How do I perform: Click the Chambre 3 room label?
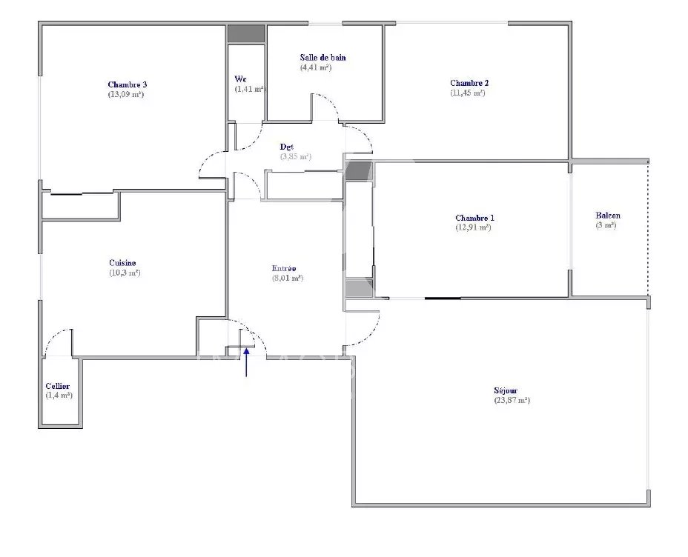(x=128, y=84)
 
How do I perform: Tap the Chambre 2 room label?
(x=469, y=83)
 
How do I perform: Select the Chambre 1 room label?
(x=474, y=218)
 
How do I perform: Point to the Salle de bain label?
(x=323, y=58)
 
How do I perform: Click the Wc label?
(x=240, y=79)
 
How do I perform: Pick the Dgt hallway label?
(x=286, y=147)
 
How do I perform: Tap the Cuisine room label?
(x=122, y=263)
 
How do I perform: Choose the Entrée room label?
(x=284, y=268)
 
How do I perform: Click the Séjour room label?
(x=506, y=390)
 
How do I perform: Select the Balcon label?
(x=608, y=216)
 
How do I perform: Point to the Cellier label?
(x=58, y=386)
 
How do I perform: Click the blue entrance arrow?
(x=246, y=362)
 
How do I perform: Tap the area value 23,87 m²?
(x=512, y=400)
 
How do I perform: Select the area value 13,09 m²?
(x=126, y=94)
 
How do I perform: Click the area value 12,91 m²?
(x=474, y=227)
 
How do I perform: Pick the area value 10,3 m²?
(x=125, y=273)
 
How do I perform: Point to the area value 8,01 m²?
(x=288, y=278)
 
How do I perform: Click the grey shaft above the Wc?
(x=246, y=34)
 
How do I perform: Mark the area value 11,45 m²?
(x=468, y=93)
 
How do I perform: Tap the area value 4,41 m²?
(x=316, y=67)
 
